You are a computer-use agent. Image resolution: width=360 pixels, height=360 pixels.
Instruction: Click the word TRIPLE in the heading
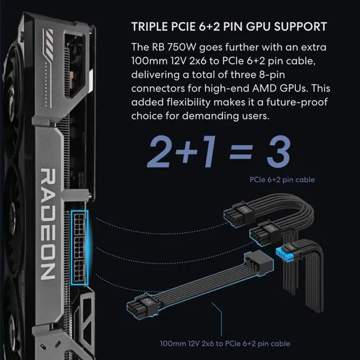point(148,27)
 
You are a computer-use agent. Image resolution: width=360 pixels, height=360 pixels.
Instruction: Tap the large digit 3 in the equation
point(276,150)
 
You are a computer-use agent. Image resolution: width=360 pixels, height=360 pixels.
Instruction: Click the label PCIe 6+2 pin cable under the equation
point(282,180)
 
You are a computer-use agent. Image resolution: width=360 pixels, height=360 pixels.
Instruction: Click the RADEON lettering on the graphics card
point(48,225)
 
